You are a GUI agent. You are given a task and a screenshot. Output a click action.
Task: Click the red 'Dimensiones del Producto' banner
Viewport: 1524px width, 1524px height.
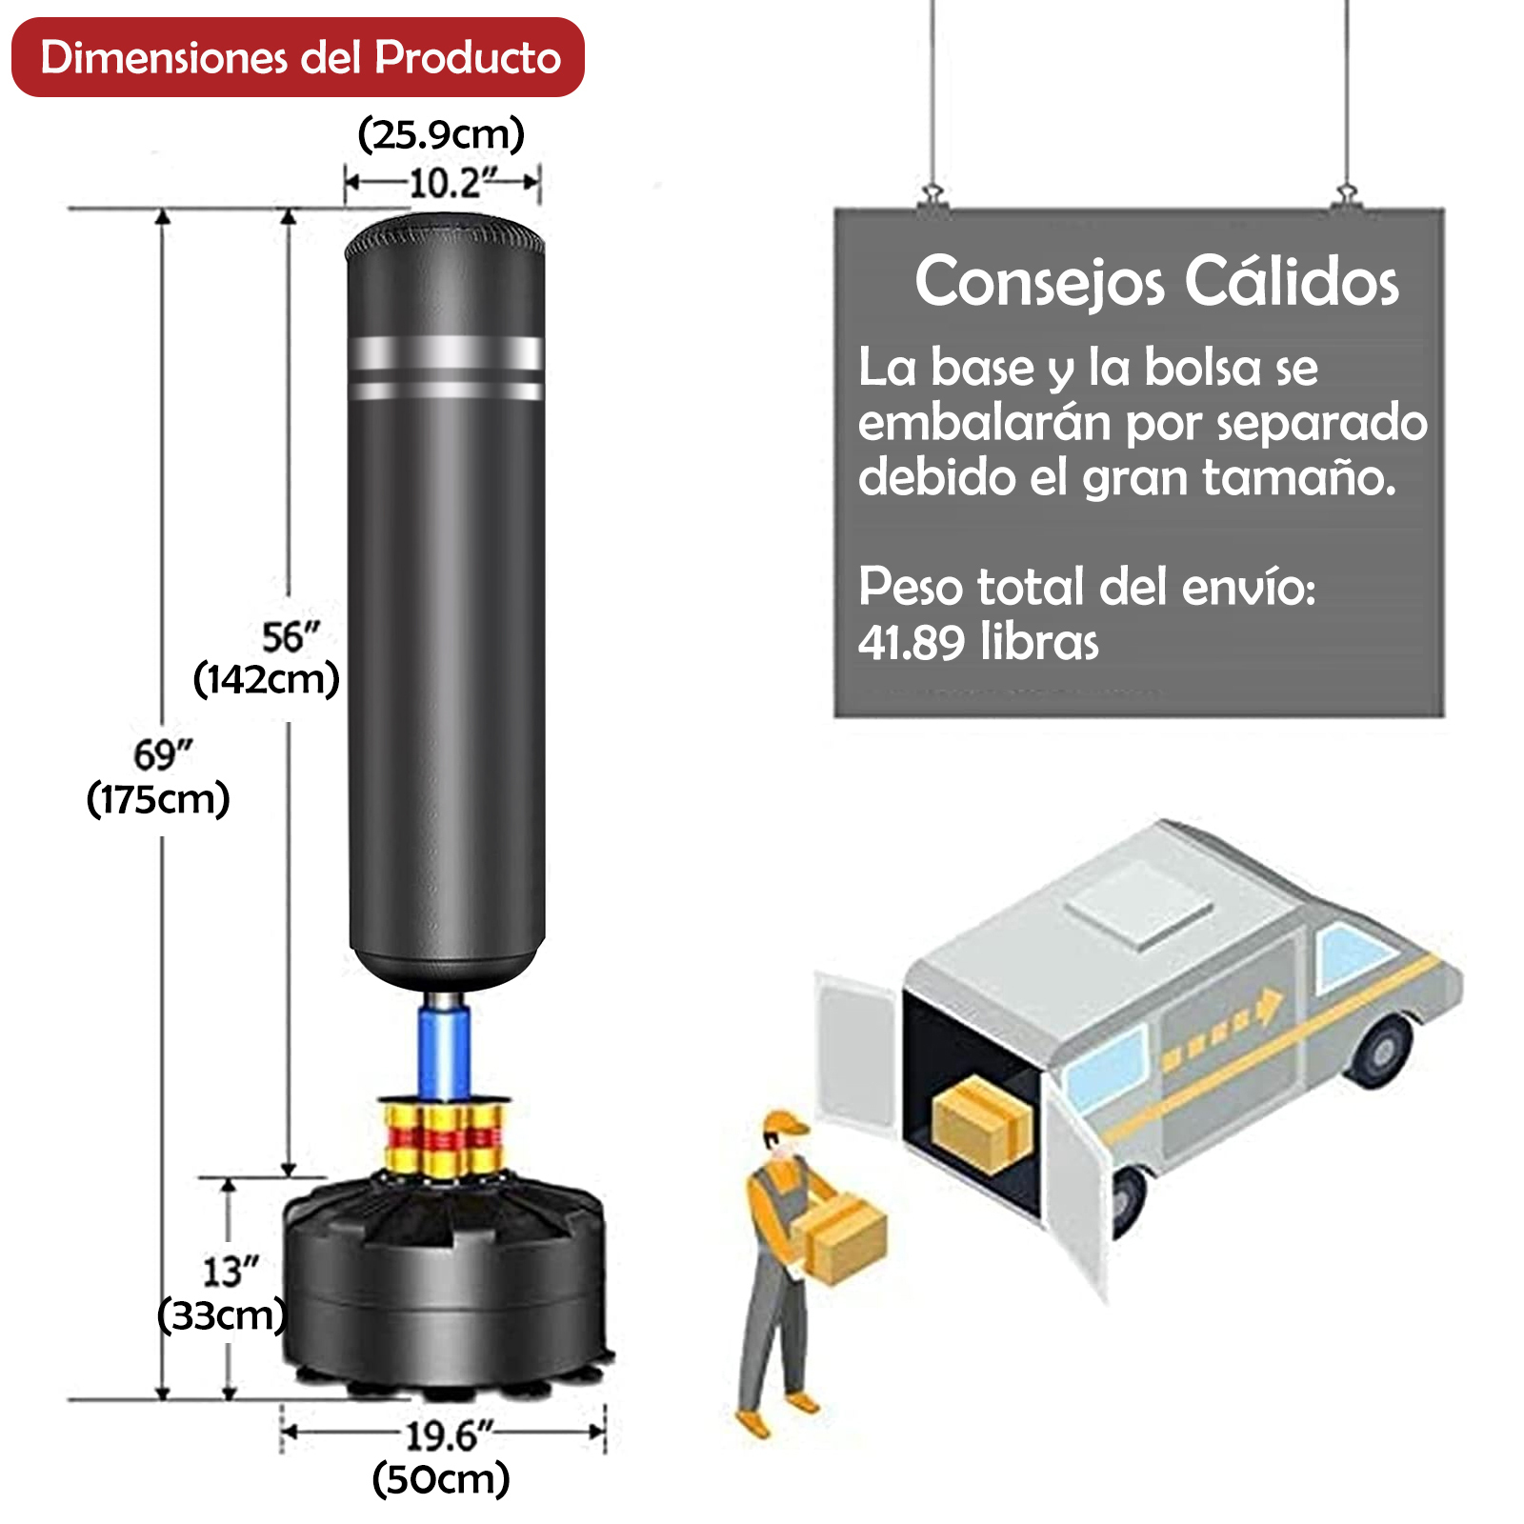(x=297, y=57)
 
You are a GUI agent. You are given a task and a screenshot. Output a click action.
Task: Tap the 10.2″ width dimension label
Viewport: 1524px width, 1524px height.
(x=453, y=183)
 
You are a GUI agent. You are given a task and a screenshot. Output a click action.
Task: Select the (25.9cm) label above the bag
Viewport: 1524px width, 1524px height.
(x=441, y=134)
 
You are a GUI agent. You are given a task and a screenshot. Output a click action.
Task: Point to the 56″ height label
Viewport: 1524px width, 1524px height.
(x=291, y=636)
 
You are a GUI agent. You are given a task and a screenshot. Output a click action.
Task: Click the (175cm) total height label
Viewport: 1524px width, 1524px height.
(x=158, y=798)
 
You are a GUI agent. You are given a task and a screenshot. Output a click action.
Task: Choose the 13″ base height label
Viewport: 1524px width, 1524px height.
(x=231, y=1272)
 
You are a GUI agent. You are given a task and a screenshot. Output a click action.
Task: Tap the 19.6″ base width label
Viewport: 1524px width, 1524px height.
(x=450, y=1435)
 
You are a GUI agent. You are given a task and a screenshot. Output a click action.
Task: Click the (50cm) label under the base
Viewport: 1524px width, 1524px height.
(x=441, y=1479)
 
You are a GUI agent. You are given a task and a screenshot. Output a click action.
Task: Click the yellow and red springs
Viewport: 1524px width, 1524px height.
(x=445, y=1137)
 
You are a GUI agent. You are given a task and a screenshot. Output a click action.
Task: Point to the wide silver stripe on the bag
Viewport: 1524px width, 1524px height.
(x=446, y=353)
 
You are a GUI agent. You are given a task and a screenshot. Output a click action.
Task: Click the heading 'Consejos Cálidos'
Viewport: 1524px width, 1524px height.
(x=1156, y=282)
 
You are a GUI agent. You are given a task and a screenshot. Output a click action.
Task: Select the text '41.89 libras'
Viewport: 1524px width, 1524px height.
(x=978, y=641)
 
